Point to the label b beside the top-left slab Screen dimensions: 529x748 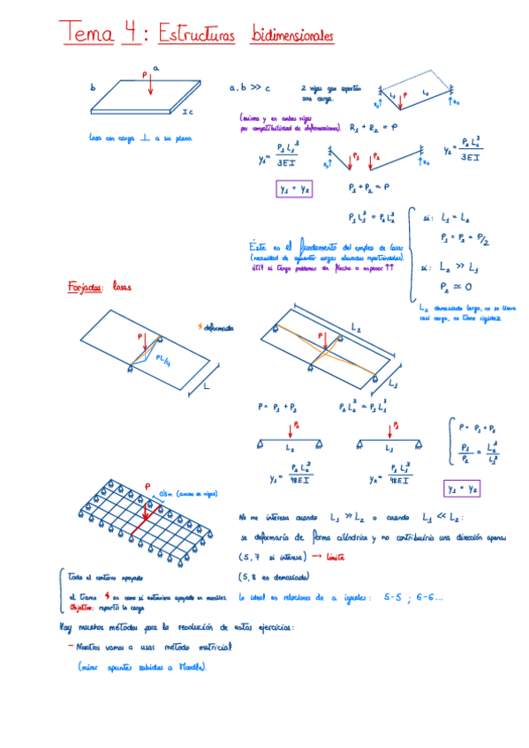[x=92, y=88]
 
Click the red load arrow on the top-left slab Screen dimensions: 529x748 [x=150, y=86]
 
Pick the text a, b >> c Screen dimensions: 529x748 [x=249, y=88]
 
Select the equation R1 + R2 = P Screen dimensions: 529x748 [x=374, y=128]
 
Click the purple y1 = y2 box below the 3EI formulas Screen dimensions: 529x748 [x=294, y=189]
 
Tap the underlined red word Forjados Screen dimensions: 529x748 [x=84, y=287]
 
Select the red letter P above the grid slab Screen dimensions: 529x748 [x=147, y=485]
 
